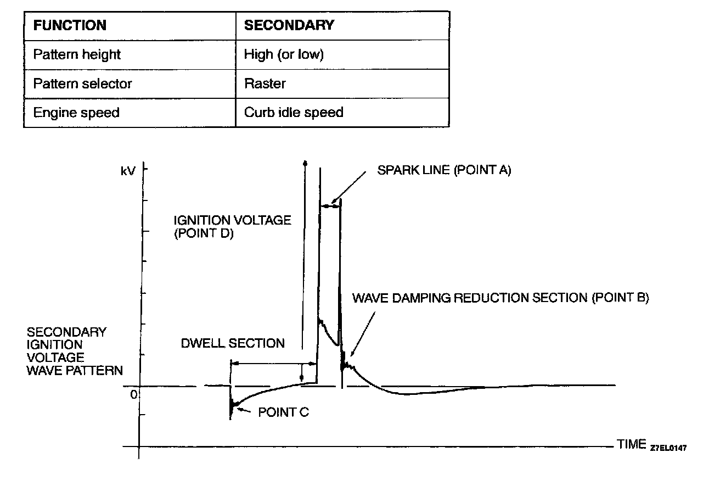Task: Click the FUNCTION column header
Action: (x=70, y=25)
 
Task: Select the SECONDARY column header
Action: (x=289, y=25)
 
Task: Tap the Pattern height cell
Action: (x=77, y=55)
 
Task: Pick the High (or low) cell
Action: (x=284, y=55)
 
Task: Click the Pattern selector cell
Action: (x=82, y=84)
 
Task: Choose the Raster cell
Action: (x=265, y=84)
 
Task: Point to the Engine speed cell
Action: (x=76, y=113)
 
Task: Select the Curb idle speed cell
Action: (x=294, y=113)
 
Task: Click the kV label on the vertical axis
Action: (x=128, y=171)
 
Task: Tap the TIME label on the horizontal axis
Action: (x=632, y=444)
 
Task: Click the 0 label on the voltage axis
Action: (x=133, y=394)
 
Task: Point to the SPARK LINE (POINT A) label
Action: (x=444, y=170)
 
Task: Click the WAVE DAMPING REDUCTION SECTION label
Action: (x=500, y=298)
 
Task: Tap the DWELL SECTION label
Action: (x=233, y=344)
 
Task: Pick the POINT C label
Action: (x=283, y=412)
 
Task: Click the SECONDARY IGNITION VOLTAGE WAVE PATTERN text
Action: (x=75, y=351)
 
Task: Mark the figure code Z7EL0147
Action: (x=668, y=447)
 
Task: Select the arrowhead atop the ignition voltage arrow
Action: (x=306, y=163)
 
